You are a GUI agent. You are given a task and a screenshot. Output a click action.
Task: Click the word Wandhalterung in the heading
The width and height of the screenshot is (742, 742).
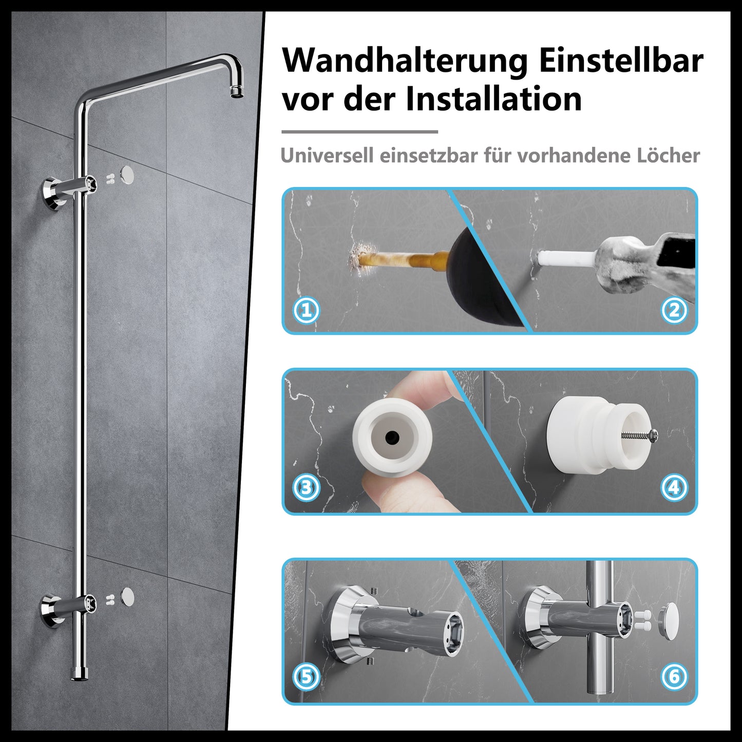(405, 62)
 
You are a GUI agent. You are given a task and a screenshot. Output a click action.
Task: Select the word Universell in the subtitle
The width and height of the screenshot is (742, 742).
(327, 156)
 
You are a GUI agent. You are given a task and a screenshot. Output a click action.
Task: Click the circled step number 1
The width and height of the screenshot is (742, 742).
(307, 310)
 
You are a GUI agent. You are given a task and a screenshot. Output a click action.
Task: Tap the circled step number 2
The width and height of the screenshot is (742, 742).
(674, 310)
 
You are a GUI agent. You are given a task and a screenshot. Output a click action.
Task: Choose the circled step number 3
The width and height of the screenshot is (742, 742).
(307, 487)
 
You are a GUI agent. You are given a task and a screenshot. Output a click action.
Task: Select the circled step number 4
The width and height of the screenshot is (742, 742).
(674, 487)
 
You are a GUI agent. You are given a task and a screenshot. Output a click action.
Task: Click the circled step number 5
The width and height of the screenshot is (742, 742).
(307, 677)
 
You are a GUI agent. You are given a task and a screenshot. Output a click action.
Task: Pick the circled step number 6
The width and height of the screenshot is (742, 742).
(674, 677)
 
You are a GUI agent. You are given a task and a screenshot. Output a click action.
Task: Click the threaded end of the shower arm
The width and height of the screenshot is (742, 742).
(237, 92)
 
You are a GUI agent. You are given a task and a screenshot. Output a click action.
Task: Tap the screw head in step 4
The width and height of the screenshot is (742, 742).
(654, 435)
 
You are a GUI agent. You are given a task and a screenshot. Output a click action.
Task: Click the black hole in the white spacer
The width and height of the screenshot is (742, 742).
(392, 436)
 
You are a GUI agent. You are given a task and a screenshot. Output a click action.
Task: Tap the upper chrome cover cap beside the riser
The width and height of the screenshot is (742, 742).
(127, 175)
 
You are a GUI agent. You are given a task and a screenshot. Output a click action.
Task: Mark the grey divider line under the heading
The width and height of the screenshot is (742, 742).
(359, 131)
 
